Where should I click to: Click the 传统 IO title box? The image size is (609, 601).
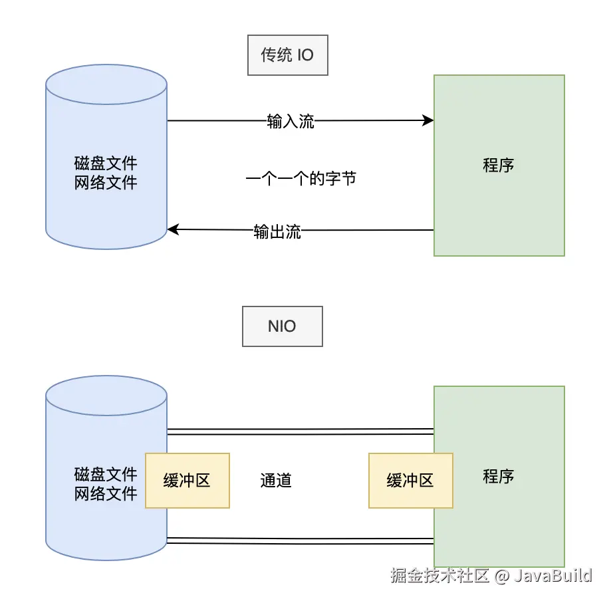click(287, 55)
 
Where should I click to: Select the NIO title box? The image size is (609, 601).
click(282, 326)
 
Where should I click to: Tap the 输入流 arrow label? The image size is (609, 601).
click(291, 121)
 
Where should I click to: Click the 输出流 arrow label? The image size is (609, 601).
click(277, 231)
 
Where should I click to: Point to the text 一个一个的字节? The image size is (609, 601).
click(301, 178)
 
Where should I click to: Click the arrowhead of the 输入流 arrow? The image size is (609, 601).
click(429, 120)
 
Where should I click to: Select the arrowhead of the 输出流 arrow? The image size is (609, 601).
click(172, 230)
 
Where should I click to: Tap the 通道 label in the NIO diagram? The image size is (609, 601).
click(276, 480)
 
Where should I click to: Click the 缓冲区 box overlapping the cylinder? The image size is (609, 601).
click(187, 481)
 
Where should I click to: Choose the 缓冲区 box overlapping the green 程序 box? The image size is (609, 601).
click(410, 481)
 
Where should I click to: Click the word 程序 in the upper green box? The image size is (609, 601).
click(499, 165)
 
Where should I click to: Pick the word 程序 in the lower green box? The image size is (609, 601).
click(499, 476)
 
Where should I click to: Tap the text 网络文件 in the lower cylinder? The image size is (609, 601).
click(106, 493)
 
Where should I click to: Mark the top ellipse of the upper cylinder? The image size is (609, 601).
click(106, 84)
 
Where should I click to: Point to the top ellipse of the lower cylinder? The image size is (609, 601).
click(106, 395)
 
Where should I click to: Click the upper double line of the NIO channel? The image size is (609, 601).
click(299, 431)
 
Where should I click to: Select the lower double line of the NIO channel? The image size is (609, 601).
click(299, 541)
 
